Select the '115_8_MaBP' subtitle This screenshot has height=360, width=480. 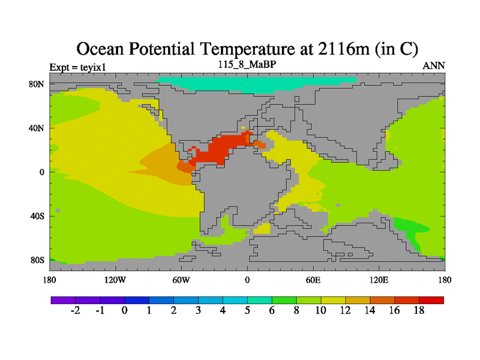click(247, 64)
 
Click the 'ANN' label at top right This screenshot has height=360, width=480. click(434, 65)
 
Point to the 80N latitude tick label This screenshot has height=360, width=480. click(37, 84)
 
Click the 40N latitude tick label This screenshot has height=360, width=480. click(37, 128)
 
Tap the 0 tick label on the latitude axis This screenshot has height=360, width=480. click(41, 172)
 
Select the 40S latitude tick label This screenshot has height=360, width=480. click(37, 215)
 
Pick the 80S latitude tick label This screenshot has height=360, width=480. click(37, 260)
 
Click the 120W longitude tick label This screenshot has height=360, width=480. click(115, 280)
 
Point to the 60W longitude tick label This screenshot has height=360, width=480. click(181, 280)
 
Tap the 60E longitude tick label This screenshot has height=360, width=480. click(313, 280)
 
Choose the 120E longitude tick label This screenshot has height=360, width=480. click(379, 280)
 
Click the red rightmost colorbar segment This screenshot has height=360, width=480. click(431, 299)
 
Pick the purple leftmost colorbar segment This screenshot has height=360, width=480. click(63, 299)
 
